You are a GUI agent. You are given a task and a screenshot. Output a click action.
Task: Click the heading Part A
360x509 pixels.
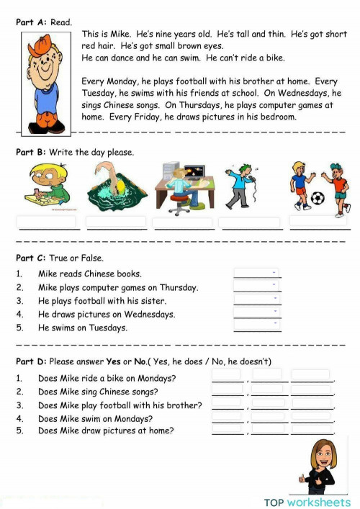(x=31, y=22)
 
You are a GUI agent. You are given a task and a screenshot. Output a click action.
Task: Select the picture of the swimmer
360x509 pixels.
(x=115, y=189)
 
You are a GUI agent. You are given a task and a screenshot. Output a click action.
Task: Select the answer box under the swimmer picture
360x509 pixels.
(x=115, y=222)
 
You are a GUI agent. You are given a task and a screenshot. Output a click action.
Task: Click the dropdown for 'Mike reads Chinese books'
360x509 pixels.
(x=257, y=273)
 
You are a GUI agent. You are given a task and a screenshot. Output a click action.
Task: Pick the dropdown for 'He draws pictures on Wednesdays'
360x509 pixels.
(x=257, y=313)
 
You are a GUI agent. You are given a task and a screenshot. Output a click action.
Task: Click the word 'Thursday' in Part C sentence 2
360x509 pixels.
(x=179, y=287)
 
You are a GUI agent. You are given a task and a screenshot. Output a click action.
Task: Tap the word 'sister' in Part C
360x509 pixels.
(x=153, y=300)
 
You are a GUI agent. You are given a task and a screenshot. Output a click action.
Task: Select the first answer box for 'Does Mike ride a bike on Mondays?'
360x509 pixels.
(x=227, y=375)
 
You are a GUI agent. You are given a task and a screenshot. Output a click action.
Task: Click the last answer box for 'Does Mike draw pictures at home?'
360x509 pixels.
(x=312, y=430)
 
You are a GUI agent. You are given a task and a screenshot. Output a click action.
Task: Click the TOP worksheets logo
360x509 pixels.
(x=307, y=502)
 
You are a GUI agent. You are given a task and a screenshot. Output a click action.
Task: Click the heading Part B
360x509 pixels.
(x=31, y=152)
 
